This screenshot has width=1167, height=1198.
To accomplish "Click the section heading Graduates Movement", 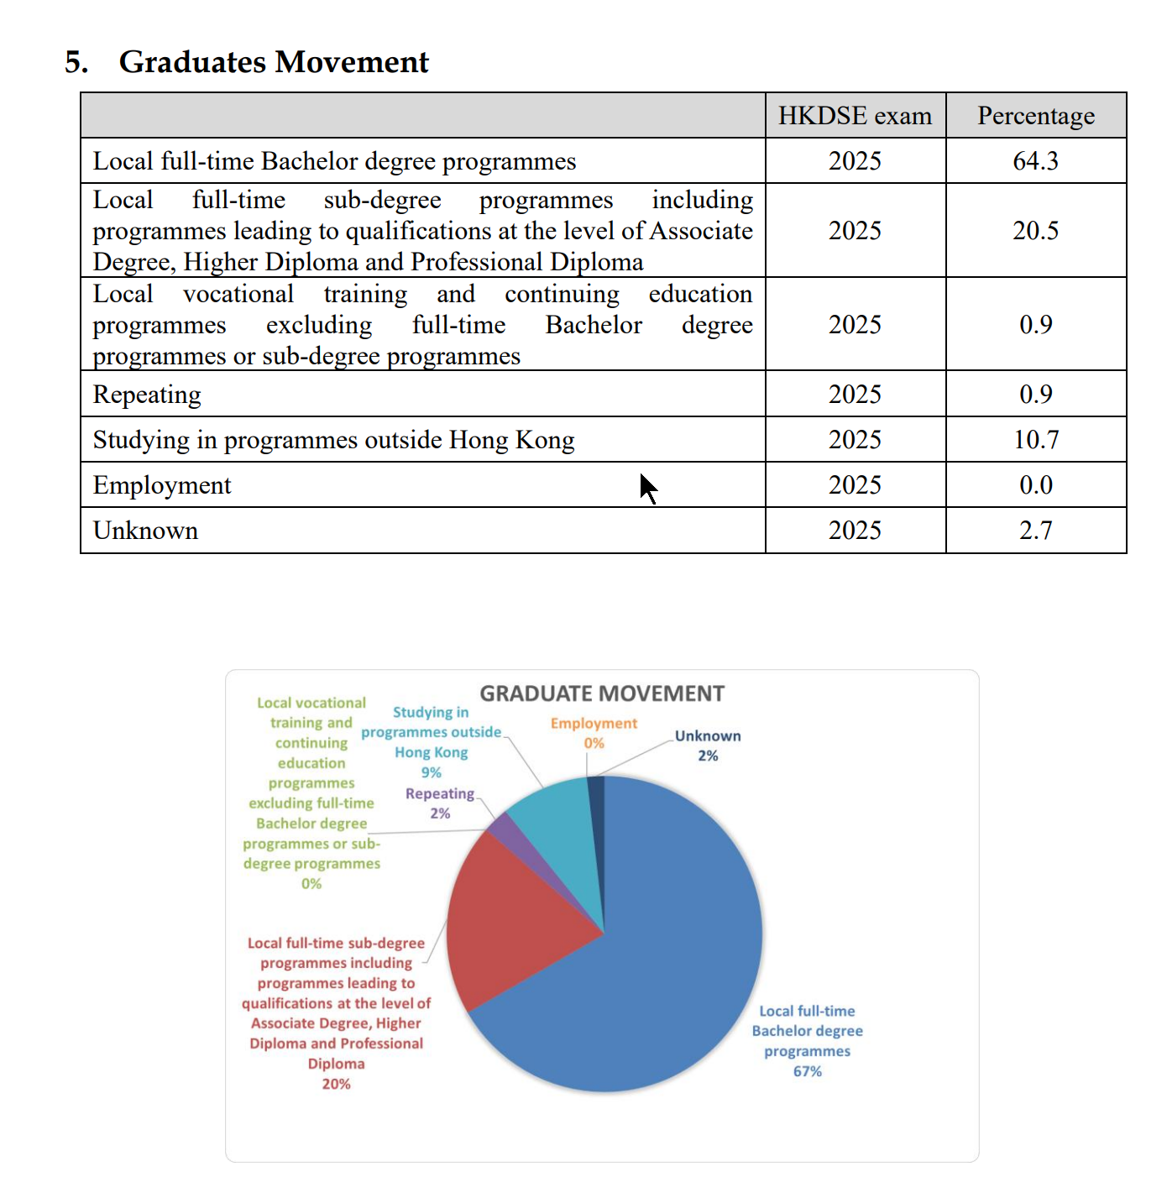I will (273, 62).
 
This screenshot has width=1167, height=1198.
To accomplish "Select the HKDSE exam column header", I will (855, 116).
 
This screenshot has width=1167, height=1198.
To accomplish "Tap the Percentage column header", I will (1035, 116).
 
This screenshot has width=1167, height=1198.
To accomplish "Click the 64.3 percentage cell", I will (1035, 161).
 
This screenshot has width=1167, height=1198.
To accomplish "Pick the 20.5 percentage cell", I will (1035, 231).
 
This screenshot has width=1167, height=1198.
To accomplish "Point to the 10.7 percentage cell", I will (1035, 440).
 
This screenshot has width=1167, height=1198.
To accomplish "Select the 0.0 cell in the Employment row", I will (1035, 485).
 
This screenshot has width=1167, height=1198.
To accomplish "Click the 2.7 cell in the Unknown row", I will (1035, 531).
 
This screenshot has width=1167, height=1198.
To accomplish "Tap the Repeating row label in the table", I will (147, 395).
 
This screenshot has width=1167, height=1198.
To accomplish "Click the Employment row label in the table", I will (162, 485).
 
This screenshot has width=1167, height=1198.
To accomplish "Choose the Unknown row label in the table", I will (145, 531).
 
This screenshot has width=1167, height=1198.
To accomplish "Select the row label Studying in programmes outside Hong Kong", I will (333, 440).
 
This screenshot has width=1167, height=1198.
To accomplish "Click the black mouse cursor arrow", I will (646, 487).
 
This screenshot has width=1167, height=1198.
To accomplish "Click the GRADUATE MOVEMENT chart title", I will (602, 693).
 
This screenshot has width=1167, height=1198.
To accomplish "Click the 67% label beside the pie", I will (807, 1071).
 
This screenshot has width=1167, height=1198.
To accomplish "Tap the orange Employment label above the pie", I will (594, 724).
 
